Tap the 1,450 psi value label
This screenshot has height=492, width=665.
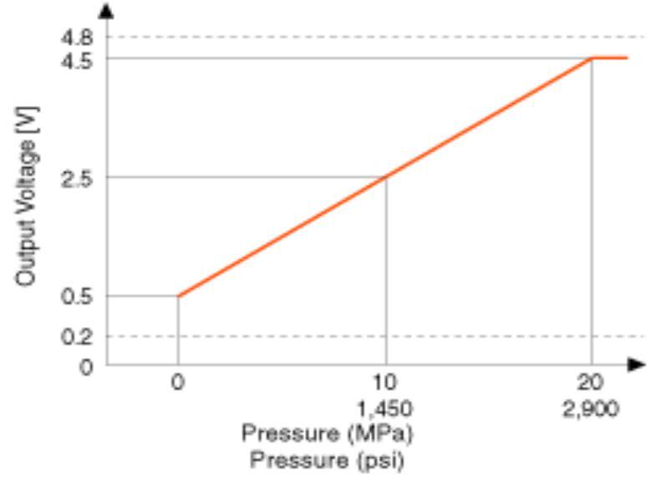[x=385, y=411]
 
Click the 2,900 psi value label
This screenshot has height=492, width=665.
[x=591, y=411]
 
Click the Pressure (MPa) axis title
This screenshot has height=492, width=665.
[x=327, y=434]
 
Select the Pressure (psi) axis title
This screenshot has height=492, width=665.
[x=327, y=460]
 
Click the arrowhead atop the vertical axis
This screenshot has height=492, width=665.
[x=106, y=11]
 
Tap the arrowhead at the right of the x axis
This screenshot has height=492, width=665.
[x=637, y=364]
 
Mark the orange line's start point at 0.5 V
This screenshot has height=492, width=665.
[x=178, y=296]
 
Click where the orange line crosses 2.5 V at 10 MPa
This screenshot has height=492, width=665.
[x=385, y=177]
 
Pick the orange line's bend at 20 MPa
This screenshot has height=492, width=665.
[x=592, y=58]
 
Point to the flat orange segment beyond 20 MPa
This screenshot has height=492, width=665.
[x=611, y=58]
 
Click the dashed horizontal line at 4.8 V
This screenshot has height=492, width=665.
[x=376, y=37]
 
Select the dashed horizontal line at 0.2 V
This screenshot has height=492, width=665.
[x=376, y=336]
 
